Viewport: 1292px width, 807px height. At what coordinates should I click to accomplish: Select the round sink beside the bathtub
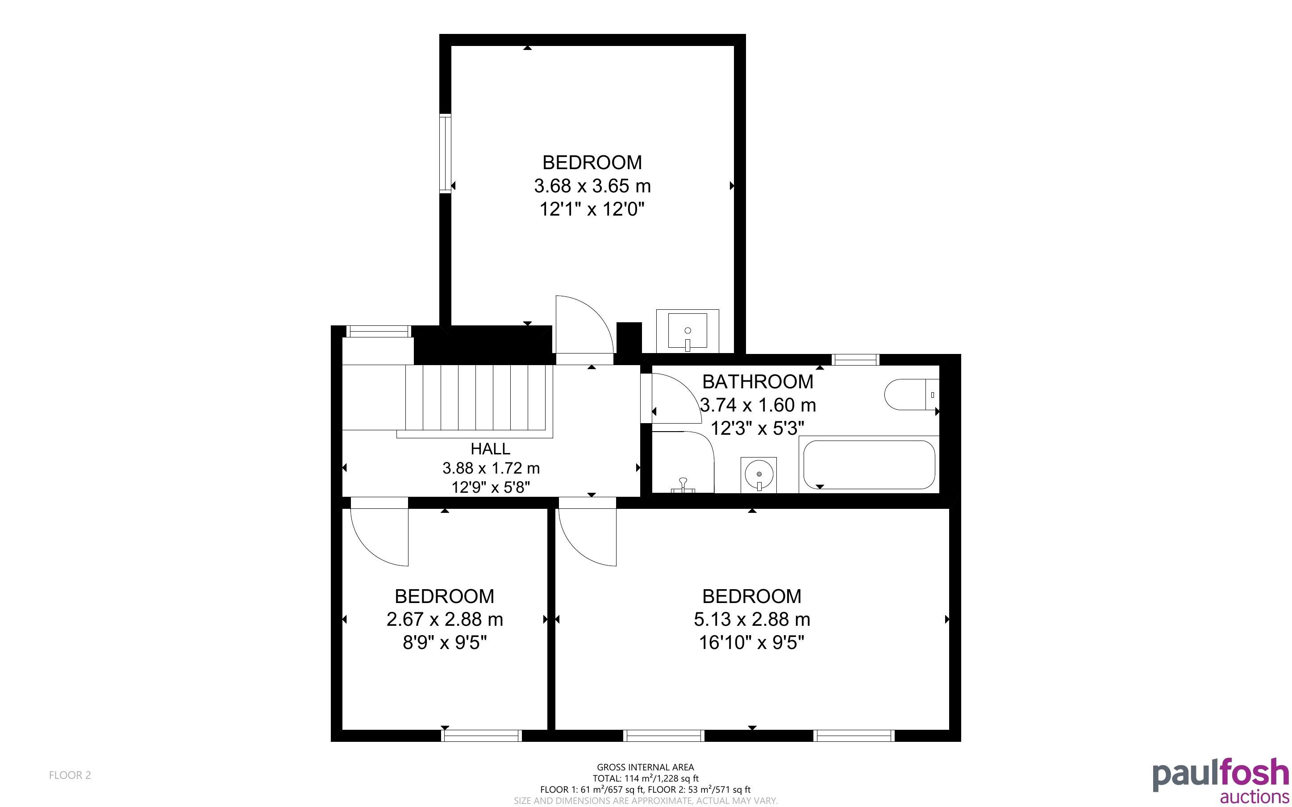759,474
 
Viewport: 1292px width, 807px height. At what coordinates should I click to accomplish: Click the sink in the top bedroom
688,331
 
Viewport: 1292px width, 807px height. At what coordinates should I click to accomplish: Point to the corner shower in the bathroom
683,462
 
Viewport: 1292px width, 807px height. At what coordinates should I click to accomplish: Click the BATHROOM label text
758,382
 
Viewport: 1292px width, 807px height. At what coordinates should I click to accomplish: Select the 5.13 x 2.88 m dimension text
752,619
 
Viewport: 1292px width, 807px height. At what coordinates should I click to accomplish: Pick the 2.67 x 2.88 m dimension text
445,619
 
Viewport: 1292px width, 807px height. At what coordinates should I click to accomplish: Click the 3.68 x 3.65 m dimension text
592,186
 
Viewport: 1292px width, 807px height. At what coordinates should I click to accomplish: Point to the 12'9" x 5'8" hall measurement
491,487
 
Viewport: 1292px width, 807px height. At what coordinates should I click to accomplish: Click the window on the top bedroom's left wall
445,153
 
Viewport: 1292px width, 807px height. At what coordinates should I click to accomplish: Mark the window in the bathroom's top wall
856,360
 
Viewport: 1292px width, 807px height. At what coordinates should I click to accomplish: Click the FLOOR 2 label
70,775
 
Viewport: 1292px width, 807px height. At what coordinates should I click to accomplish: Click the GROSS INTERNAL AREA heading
645,767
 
